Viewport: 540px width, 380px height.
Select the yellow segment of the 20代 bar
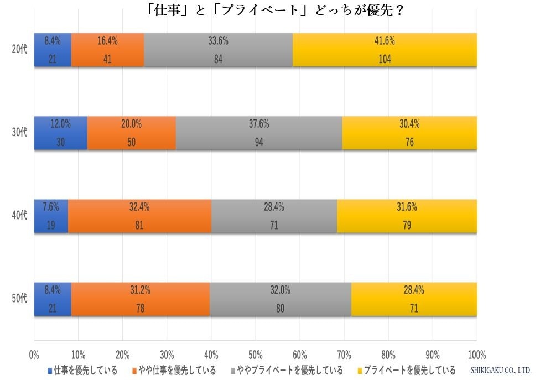tap(385, 50)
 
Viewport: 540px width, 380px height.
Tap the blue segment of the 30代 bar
tap(60, 133)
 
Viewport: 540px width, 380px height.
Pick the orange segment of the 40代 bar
tap(139, 216)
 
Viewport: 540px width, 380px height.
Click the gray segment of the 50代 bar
tap(281, 299)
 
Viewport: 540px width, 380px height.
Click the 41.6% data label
tap(385, 40)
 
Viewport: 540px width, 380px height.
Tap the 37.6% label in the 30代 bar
tap(258, 124)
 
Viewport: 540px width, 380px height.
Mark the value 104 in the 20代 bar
tap(385, 60)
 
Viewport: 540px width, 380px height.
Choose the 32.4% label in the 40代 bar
tap(139, 207)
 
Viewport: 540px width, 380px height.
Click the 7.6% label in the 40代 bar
tap(51, 207)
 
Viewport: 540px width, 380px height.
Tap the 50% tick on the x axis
tap(255, 355)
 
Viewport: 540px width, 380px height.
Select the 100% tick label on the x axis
tap(476, 355)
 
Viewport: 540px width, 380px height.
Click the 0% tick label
tap(34, 355)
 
